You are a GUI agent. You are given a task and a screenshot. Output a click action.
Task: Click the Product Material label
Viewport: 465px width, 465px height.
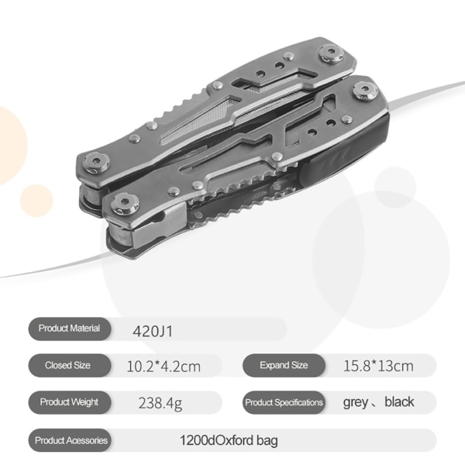tap(69, 329)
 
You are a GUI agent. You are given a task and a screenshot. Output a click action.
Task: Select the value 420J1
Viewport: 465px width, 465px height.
tap(153, 331)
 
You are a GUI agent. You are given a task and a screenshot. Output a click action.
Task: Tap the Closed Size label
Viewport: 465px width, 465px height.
tap(67, 365)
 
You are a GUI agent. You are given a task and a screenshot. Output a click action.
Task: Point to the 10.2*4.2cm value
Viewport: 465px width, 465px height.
tap(164, 367)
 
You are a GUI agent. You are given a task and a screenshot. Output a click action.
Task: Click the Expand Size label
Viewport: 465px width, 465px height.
tap(284, 365)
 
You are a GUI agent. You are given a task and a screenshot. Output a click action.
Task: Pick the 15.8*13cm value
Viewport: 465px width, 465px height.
tap(378, 366)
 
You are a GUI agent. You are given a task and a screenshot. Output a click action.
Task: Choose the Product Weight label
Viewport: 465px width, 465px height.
tap(69, 401)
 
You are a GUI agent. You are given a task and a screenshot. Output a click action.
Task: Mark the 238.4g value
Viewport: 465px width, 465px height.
tap(160, 403)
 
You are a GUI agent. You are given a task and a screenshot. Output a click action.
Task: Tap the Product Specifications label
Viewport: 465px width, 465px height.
tap(284, 402)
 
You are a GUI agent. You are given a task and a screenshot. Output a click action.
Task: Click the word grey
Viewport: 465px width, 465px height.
tap(355, 403)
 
